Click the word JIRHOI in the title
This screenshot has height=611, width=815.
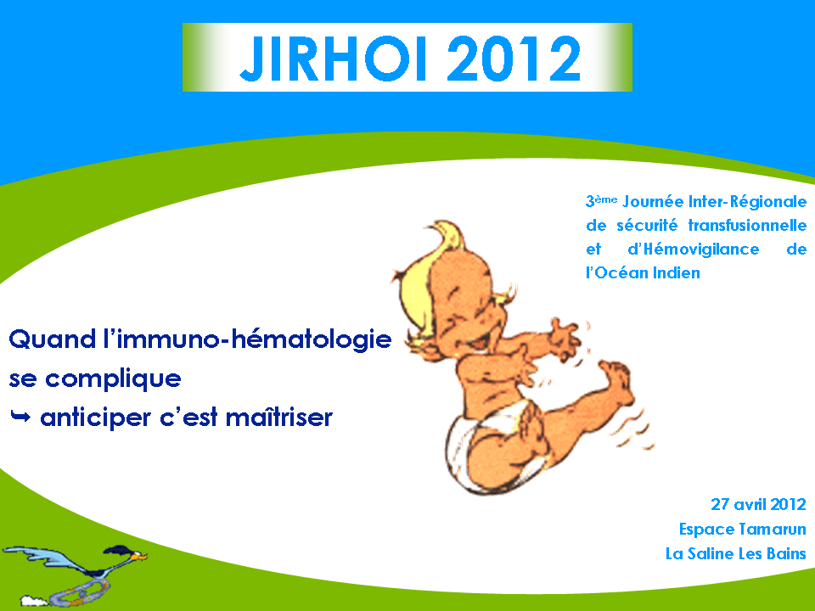[x=333, y=59]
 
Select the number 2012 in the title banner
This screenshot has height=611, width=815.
[x=514, y=59]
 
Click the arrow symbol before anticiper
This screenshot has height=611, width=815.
[x=20, y=416]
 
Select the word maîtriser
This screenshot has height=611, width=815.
[x=279, y=417]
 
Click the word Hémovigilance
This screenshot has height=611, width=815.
[x=694, y=249]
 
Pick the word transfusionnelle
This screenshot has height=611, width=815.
[x=747, y=225]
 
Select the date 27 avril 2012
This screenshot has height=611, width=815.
[x=758, y=504]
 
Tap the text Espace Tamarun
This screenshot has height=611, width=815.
[x=743, y=529]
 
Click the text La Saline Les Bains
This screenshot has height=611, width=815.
[x=736, y=553]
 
